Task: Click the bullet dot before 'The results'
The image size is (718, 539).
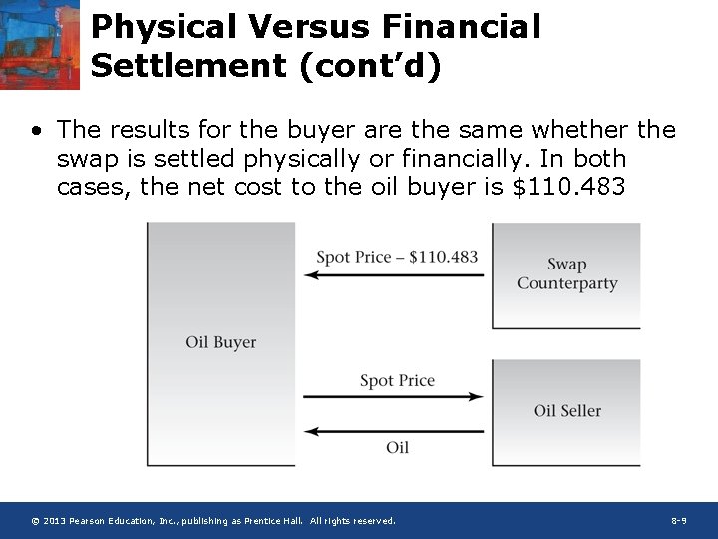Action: point(36,131)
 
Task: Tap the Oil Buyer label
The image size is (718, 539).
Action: point(221,342)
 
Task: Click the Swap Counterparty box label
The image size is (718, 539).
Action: point(566,273)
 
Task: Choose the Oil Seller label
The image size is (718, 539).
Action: point(567,410)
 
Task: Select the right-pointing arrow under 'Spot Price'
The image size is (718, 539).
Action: point(394,397)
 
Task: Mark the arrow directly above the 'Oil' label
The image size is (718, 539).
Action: point(394,431)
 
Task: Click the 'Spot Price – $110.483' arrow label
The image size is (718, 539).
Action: point(397,257)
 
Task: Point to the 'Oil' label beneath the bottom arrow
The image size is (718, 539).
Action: point(397,447)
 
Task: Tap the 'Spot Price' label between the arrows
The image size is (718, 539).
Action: point(397,380)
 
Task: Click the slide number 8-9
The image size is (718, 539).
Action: point(678,521)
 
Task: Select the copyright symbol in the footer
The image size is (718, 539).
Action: point(35,521)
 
